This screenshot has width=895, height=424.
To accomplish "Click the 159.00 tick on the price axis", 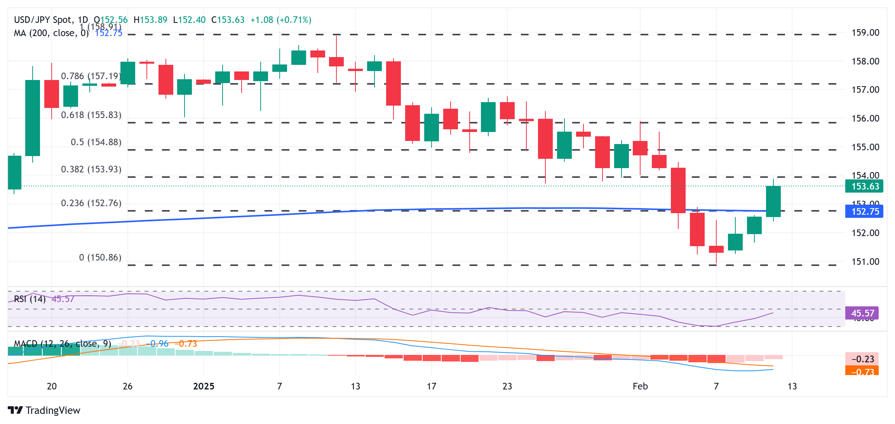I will point(865,33).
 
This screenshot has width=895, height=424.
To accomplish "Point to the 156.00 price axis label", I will point(865,118).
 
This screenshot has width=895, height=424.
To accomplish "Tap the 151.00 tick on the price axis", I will point(865,262).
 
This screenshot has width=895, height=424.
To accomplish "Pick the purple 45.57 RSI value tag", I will point(862,313).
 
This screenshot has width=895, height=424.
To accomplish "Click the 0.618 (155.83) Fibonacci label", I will point(91,115).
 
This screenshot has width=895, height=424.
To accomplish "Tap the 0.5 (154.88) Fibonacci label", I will point(96,142).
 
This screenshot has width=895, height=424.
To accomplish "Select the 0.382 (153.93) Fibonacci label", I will point(91,169).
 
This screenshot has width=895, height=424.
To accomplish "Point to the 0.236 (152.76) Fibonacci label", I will point(91,203).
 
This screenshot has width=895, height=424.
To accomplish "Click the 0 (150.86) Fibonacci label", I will point(100,257).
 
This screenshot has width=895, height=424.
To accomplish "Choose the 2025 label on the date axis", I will point(204,386).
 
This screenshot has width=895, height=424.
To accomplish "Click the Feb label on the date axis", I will point(640,386).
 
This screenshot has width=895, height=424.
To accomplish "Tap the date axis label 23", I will point(507,386).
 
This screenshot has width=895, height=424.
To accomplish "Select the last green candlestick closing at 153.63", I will point(773,201).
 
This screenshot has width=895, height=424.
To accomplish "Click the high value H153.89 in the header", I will point(150,20).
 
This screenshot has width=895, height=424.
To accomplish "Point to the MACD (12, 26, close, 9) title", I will point(63,344).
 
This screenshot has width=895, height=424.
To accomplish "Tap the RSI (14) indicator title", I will point(30,299).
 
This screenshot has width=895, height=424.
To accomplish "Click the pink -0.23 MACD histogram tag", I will point(862,359).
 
